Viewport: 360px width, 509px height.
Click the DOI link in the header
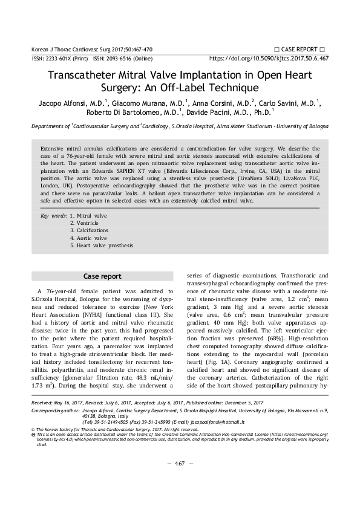[x=269, y=59]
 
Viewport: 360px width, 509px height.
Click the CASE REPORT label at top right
[x=299, y=48]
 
